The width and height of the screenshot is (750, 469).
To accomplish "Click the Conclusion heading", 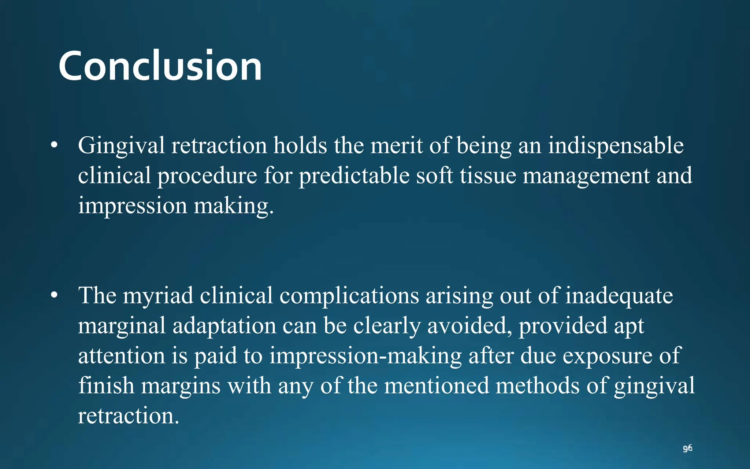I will (160, 66).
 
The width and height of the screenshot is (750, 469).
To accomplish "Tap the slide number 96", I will (687, 448).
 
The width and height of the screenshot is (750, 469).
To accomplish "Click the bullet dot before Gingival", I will (55, 145).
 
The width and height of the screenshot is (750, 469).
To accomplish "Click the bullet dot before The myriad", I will (55, 295).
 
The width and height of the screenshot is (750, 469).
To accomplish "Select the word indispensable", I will (616, 146).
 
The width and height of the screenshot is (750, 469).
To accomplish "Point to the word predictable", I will (354, 176).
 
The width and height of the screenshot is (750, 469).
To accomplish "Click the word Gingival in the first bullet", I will (121, 146).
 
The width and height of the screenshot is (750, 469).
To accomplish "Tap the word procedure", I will (207, 176).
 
